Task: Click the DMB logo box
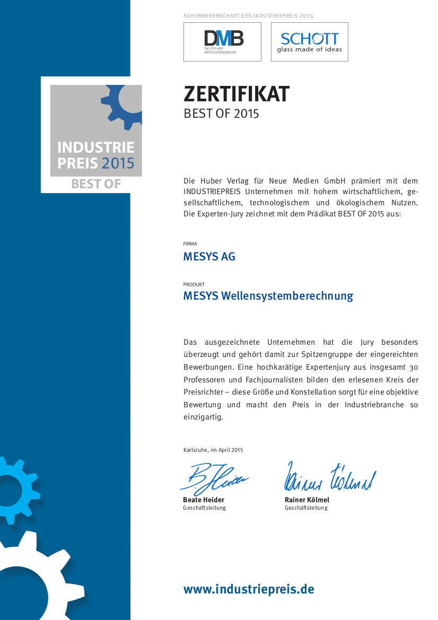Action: [x=222, y=42]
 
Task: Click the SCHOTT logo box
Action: [x=310, y=42]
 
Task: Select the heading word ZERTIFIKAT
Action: [x=236, y=94]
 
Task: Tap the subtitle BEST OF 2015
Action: [x=221, y=113]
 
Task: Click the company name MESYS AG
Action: [x=209, y=257]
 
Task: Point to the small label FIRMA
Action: [x=190, y=244]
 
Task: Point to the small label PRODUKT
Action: [x=194, y=284]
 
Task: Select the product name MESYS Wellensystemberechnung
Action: [x=268, y=296]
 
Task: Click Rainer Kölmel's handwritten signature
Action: [x=330, y=476]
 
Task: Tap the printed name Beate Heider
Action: [x=204, y=500]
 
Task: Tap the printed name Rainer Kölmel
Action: [x=307, y=500]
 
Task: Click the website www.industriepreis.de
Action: [x=249, y=589]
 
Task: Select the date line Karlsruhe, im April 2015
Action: [x=213, y=450]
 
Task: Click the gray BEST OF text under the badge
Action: [x=96, y=184]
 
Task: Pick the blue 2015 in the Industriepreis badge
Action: [x=118, y=163]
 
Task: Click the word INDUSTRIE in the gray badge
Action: [x=96, y=147]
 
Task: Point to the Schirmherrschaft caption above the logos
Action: [x=249, y=16]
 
